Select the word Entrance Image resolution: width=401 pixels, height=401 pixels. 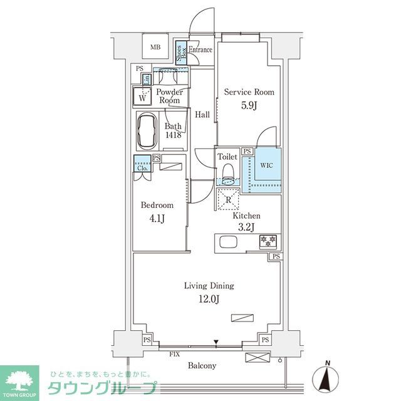200,50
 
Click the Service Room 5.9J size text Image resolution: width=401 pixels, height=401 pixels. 249,105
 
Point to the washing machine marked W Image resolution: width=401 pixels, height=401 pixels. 143,97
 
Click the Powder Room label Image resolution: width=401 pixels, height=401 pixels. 169,96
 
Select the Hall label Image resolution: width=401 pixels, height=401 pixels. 202,115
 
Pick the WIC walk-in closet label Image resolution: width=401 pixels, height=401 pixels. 266,166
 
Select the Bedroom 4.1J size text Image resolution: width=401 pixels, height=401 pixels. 157,219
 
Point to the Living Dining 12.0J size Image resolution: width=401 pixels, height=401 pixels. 209,298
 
